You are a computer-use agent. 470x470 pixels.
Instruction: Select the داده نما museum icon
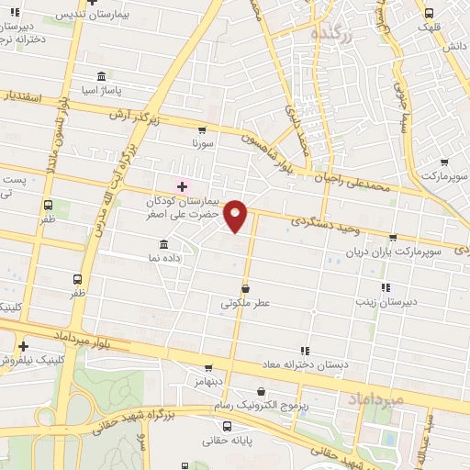click(x=163, y=244)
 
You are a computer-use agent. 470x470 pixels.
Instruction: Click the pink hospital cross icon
click(x=182, y=186)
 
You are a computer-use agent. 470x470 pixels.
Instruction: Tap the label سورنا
click(x=203, y=145)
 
